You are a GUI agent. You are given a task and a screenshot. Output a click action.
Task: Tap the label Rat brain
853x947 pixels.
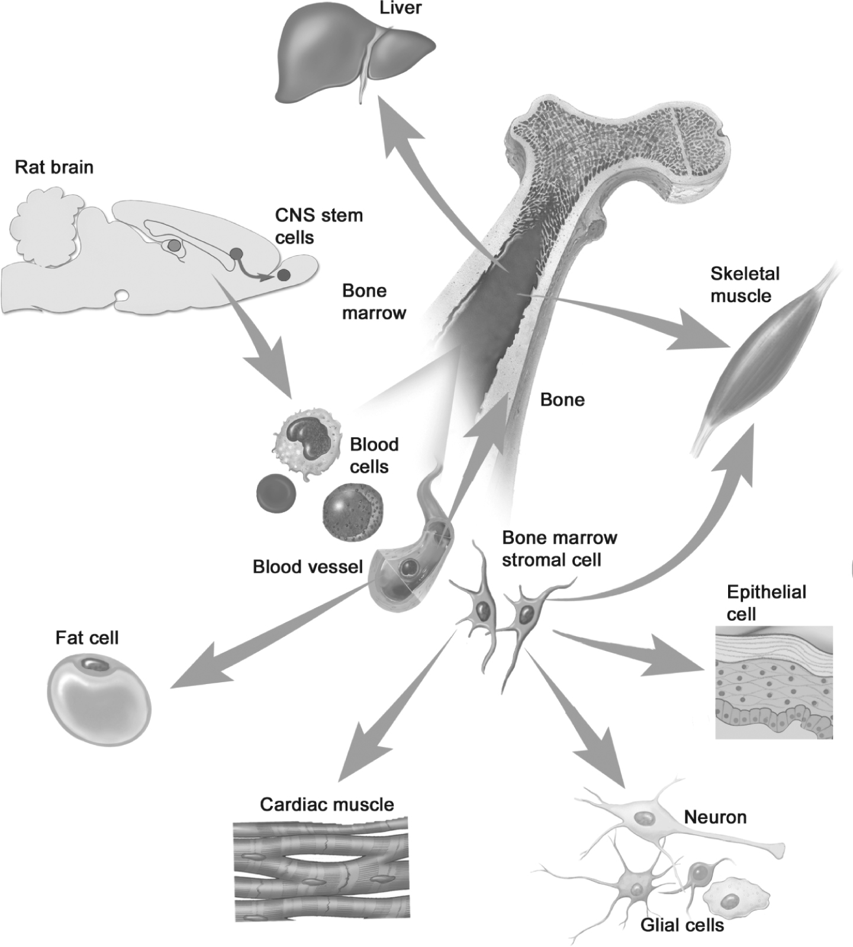(54, 167)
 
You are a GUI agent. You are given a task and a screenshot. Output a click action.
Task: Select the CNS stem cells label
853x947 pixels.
(318, 226)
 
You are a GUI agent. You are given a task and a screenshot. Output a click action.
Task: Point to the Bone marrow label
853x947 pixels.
(374, 301)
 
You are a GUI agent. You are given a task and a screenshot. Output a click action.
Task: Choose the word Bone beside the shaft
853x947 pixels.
(562, 400)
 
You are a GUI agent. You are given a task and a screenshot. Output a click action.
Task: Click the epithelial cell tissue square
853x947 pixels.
(774, 682)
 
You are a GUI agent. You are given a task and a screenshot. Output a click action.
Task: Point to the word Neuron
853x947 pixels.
(715, 817)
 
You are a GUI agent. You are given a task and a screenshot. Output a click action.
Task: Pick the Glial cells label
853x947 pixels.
(682, 924)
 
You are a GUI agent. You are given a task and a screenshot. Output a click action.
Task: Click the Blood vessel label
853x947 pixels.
(307, 567)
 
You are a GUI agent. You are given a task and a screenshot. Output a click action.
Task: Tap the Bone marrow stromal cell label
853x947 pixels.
(559, 548)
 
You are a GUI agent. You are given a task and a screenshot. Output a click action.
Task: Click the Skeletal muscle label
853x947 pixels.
(745, 284)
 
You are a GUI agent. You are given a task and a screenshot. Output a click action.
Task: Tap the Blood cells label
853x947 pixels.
(374, 455)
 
